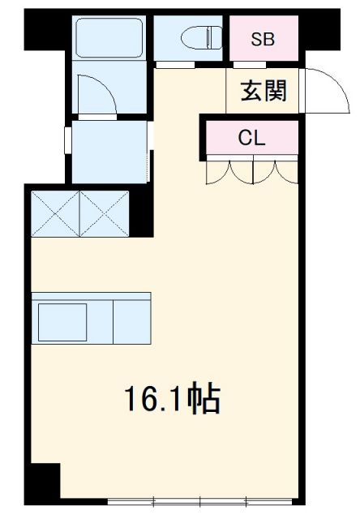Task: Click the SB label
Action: [263, 40]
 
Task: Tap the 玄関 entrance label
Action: [264, 91]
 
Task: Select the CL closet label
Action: [252, 138]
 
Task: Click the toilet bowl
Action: [201, 37]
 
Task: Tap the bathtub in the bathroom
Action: [109, 38]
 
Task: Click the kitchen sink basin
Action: [62, 322]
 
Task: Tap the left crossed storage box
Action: [55, 214]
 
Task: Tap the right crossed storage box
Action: [105, 214]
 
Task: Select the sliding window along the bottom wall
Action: [199, 502]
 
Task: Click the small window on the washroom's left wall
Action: [68, 140]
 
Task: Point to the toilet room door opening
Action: [175, 65]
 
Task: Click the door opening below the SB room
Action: [250, 65]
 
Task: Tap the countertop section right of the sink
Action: [132, 322]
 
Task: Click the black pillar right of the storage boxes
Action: [141, 210]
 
